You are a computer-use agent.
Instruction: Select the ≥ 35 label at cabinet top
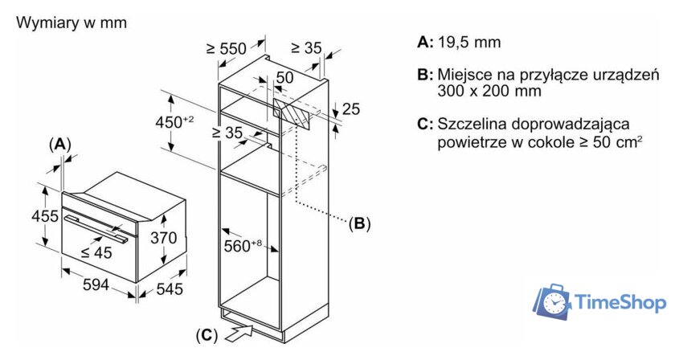(x=305, y=48)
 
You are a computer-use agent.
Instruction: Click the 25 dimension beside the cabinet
(x=350, y=108)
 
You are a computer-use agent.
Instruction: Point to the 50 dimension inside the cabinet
(x=284, y=77)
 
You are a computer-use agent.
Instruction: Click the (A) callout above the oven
(x=59, y=144)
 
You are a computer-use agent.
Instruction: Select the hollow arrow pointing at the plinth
(x=242, y=329)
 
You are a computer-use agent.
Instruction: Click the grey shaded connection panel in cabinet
(x=292, y=113)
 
